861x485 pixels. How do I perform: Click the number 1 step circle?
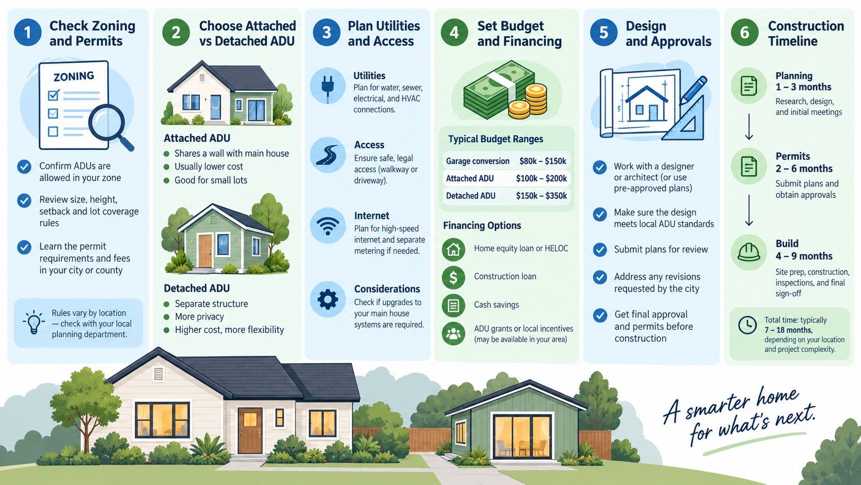point(28,32)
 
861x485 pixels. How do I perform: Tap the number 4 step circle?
point(454,32)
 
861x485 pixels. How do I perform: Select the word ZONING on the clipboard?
point(74,77)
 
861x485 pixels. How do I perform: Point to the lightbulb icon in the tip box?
point(33,322)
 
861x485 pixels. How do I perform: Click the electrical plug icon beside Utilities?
point(328,86)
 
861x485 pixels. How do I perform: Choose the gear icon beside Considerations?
point(328,299)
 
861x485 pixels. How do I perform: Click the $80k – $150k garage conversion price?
point(542,161)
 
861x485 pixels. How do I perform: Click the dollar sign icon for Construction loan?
point(454,277)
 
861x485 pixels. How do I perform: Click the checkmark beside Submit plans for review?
point(599,249)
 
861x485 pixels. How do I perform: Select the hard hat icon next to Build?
point(748,253)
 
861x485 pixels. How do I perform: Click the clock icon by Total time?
point(748,325)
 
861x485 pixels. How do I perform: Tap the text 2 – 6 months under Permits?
point(804,169)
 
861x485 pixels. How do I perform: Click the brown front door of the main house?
point(250,431)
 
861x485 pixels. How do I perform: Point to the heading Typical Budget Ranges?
point(495,139)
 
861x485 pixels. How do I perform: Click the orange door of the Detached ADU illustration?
point(205,251)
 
